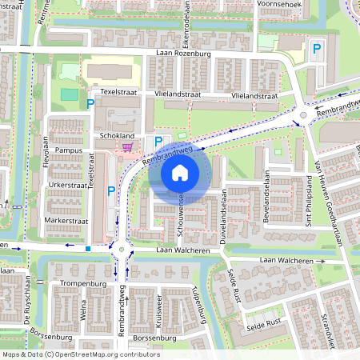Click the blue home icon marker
coord(180,173)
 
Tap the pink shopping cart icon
coord(128,146)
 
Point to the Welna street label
coord(83,310)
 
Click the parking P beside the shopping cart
coord(158,142)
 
